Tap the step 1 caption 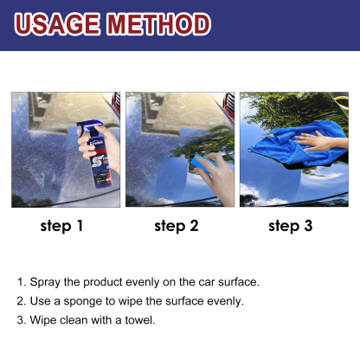pos(62,227)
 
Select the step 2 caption pos(177,227)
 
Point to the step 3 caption pos(290,227)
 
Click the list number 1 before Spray pos(20,282)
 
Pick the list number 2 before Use pos(20,301)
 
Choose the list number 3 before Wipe pos(20,320)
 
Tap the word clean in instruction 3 pos(74,320)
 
